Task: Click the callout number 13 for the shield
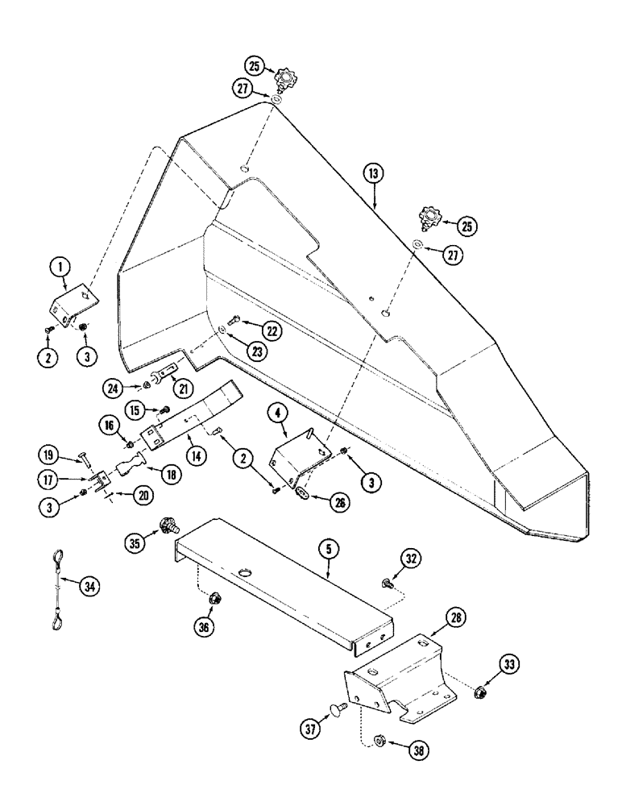coord(373,172)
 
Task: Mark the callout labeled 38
coord(419,750)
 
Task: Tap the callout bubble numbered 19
coord(49,456)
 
